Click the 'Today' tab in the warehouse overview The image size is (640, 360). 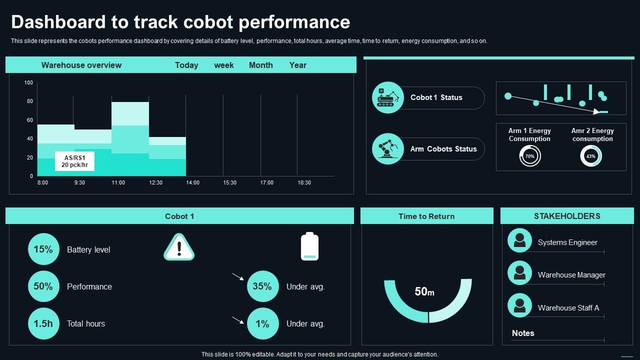tap(186, 65)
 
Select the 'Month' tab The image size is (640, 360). tap(260, 65)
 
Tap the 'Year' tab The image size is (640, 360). tap(297, 65)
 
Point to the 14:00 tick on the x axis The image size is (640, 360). tap(193, 182)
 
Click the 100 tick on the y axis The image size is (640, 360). tap(28, 82)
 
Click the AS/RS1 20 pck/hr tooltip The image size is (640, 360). tap(74, 161)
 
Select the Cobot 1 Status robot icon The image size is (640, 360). tap(388, 97)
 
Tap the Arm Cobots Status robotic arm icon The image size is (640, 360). tap(388, 149)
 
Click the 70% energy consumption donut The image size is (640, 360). tap(530, 156)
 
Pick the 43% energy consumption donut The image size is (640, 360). tap(591, 156)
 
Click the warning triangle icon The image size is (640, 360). tap(179, 247)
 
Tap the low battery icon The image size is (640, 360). tap(309, 246)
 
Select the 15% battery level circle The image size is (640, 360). tap(43, 249)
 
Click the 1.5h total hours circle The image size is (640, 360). tap(43, 323)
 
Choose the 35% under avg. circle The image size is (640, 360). tap(262, 286)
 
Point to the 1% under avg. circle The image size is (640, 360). tap(262, 323)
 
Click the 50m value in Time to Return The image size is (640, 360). tap(424, 291)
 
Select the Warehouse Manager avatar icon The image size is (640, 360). tap(519, 273)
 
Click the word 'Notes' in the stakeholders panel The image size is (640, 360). tap(523, 333)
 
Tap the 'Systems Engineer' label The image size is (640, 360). tap(567, 242)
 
